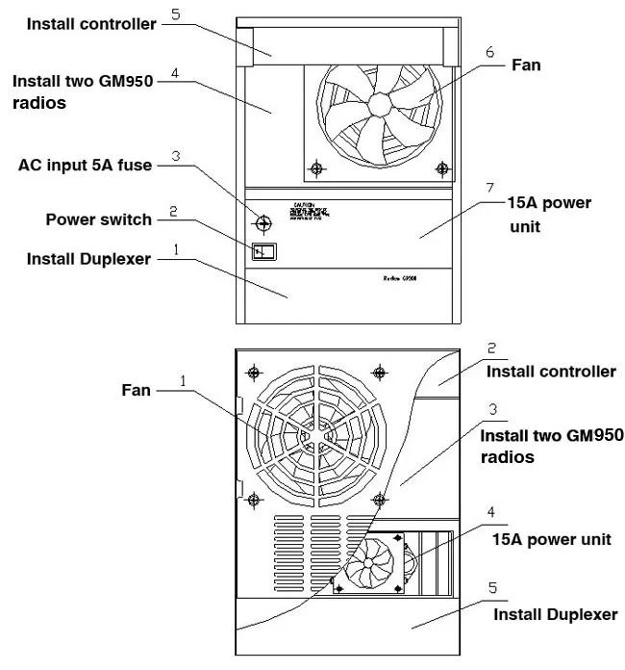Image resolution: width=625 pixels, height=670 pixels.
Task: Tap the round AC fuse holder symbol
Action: point(262,222)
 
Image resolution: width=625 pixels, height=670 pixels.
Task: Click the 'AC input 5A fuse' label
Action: point(85,165)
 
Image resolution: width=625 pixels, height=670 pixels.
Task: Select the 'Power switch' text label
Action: point(99,219)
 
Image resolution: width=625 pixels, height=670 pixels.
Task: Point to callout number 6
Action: point(490,52)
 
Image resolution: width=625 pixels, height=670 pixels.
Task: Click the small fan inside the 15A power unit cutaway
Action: point(371,564)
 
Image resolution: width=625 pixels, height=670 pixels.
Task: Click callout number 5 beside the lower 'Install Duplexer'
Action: point(492,586)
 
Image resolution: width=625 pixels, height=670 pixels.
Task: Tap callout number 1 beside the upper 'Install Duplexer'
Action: point(176,247)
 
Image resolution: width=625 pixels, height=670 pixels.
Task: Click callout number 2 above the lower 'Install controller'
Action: point(491,348)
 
